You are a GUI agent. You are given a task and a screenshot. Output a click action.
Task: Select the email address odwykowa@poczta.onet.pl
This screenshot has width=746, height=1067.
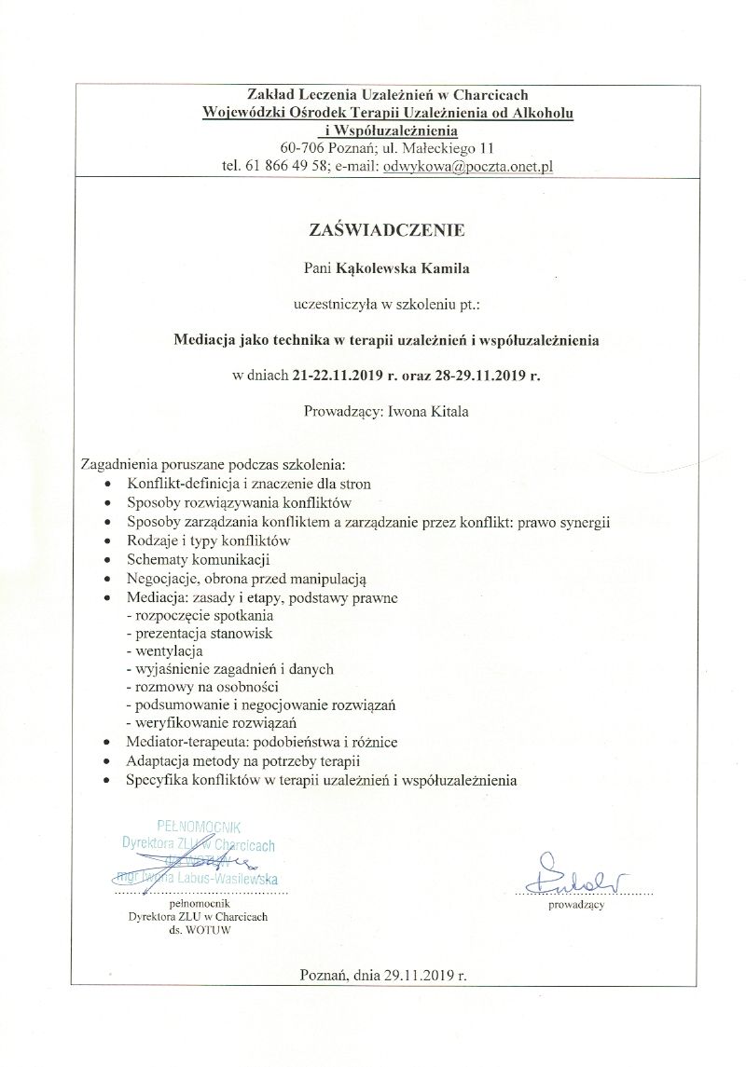tap(469, 166)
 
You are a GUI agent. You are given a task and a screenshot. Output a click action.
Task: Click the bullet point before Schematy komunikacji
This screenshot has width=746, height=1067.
tap(111, 559)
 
